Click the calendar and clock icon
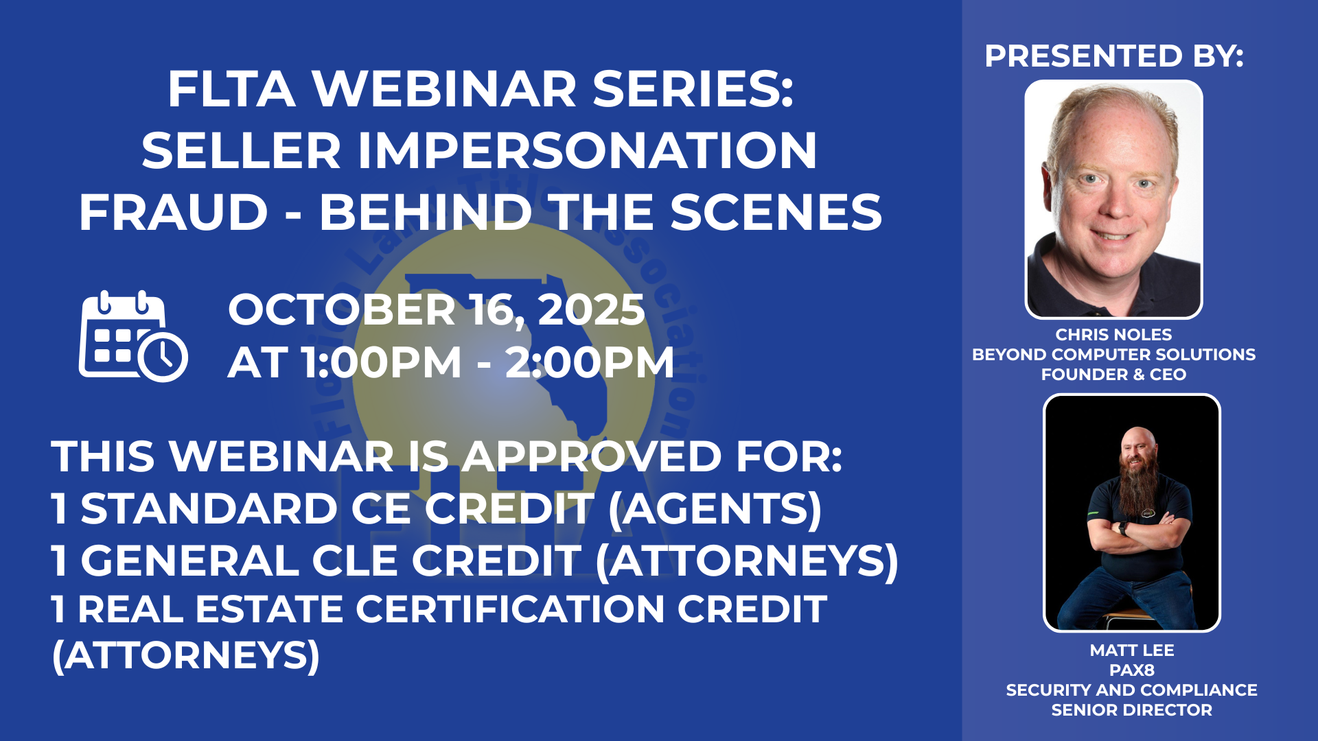click(x=133, y=336)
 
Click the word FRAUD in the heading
click(x=173, y=212)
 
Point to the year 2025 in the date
click(x=591, y=309)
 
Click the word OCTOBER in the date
click(x=342, y=309)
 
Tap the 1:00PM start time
click(x=382, y=362)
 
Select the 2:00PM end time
click(x=590, y=362)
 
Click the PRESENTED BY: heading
click(x=1113, y=56)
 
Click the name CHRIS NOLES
click(x=1113, y=335)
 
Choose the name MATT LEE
click(x=1132, y=650)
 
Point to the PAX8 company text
click(x=1132, y=670)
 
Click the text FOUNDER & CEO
click(x=1113, y=375)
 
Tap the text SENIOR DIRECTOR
click(x=1132, y=710)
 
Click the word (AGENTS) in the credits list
click(x=715, y=510)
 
